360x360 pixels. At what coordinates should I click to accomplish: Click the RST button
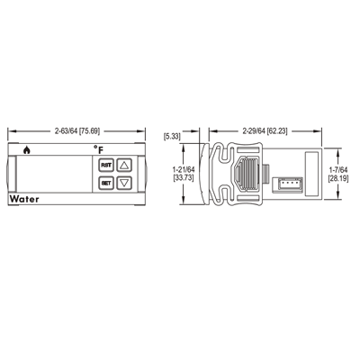106,165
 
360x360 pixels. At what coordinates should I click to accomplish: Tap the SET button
106,183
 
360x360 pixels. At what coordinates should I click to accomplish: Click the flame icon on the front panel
27,150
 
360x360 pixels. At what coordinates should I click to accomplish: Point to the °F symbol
98,149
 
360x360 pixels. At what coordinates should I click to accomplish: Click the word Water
24,199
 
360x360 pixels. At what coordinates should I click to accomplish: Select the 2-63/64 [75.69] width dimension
77,131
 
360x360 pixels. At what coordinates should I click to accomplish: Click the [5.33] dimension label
172,137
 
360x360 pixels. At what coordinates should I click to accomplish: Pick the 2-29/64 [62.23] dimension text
265,131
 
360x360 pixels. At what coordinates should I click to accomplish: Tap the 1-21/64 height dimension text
184,170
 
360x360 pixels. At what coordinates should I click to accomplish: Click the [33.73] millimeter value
184,177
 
